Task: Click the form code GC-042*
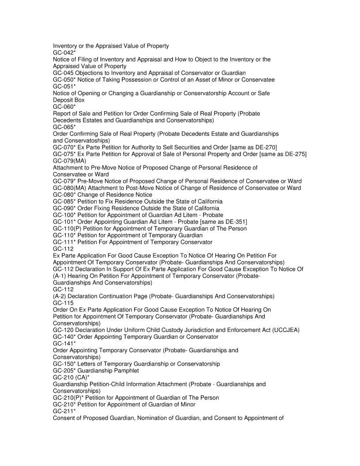pos(64,53)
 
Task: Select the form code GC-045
pos(63,73)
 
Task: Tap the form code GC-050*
pos(64,79)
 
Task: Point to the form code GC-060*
pos(64,107)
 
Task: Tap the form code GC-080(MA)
pos(69,188)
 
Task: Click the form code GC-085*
pos(64,201)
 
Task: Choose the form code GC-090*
pos(64,208)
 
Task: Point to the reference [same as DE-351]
pos(219,222)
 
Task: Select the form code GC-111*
pos(64,242)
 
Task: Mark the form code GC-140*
pos(64,337)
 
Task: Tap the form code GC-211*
pos(64,411)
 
